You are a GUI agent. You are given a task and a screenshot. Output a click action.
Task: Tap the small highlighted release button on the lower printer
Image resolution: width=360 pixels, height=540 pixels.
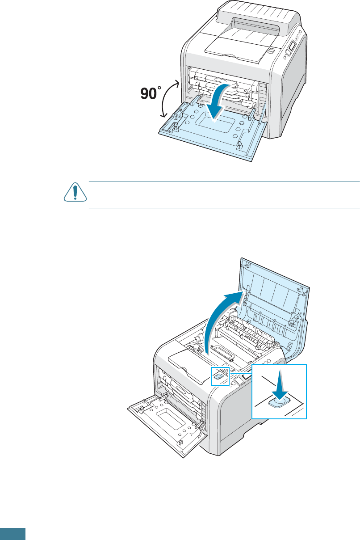coord(218,376)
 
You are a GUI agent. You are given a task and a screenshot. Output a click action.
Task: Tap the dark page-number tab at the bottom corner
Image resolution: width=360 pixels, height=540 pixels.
coord(13,534)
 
